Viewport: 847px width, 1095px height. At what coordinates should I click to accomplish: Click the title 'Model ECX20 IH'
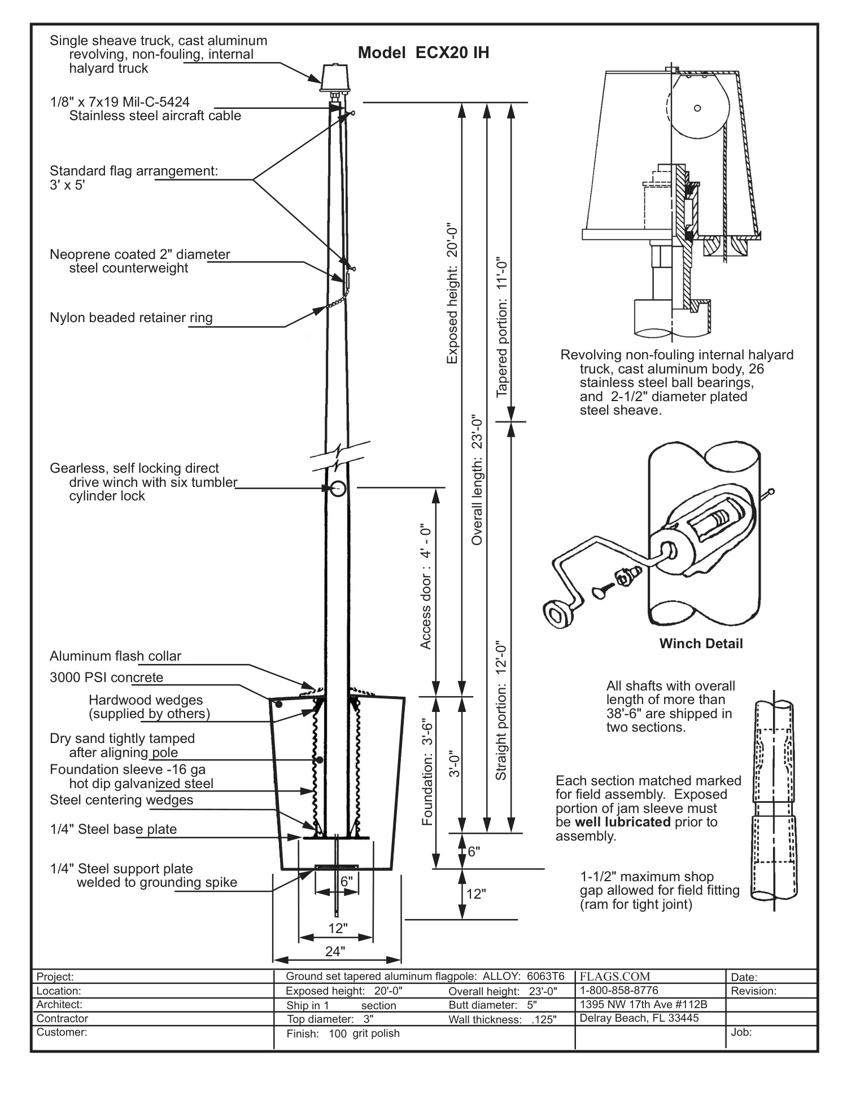click(423, 53)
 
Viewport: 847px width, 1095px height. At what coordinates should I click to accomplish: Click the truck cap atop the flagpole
click(334, 78)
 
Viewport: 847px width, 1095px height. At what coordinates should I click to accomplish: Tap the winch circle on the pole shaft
click(338, 489)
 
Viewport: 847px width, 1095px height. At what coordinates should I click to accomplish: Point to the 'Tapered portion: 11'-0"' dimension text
click(502, 328)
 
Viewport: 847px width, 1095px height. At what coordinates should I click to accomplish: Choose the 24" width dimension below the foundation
click(335, 952)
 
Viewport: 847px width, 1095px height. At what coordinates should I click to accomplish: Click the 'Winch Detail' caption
click(701, 644)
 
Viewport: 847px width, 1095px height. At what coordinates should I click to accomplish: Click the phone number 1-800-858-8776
click(619, 990)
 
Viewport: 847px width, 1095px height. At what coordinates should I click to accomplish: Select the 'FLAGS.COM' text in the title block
click(615, 976)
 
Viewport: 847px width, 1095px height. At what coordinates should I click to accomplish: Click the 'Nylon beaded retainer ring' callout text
click(131, 318)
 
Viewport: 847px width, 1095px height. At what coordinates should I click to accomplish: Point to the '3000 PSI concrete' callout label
click(106, 678)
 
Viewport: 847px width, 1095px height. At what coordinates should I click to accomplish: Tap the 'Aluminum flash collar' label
click(115, 656)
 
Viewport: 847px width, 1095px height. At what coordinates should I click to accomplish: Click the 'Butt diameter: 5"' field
click(492, 1005)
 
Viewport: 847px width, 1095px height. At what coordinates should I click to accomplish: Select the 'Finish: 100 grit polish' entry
click(343, 1034)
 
